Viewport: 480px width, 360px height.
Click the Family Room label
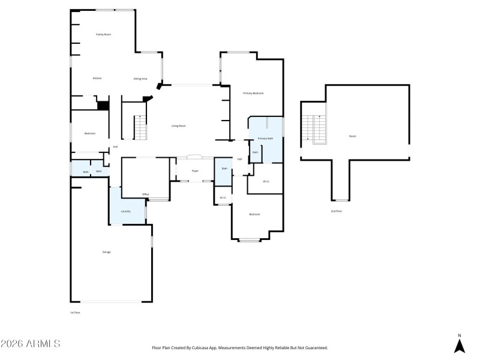104,35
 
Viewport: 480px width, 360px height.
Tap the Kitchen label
97,79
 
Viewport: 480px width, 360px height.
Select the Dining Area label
140,79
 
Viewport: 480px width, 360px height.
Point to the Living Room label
178,126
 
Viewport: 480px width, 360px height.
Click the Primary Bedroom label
253,94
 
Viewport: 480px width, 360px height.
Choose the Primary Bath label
265,139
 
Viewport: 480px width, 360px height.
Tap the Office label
145,194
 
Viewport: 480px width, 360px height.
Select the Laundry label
125,211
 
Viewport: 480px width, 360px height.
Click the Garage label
106,252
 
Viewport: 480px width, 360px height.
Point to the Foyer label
195,171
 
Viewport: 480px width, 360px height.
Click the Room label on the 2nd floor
352,136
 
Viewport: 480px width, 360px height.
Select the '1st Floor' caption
76,313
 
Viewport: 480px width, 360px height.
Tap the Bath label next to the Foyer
224,169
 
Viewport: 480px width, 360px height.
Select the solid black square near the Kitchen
103,106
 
